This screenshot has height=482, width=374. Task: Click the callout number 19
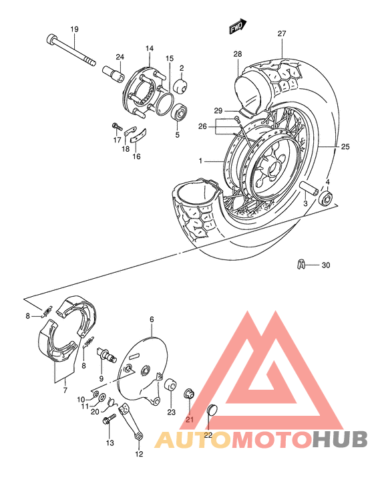click(74, 29)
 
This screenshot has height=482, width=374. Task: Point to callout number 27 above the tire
click(282, 33)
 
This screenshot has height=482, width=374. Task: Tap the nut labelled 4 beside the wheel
click(327, 199)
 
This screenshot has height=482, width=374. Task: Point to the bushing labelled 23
click(170, 386)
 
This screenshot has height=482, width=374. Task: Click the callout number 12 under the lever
click(139, 455)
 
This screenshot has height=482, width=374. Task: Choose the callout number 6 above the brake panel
click(152, 320)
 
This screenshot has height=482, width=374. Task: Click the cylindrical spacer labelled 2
click(180, 88)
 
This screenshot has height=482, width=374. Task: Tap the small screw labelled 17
click(116, 126)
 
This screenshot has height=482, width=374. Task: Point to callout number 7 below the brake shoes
click(65, 390)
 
